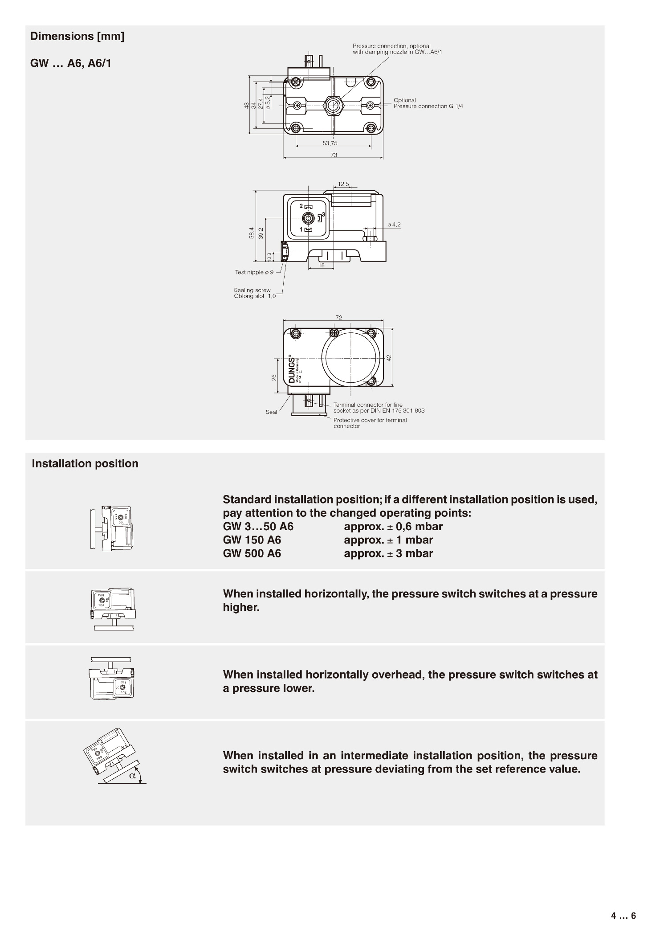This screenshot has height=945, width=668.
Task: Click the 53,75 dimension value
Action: pyautogui.click(x=330, y=143)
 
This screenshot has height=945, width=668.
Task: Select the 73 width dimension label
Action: pyautogui.click(x=334, y=155)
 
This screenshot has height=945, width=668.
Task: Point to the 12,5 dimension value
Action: pyautogui.click(x=343, y=184)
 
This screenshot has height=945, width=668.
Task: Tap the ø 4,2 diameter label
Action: pyautogui.click(x=394, y=225)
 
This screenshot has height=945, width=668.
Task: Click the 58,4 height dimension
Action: pyautogui.click(x=252, y=233)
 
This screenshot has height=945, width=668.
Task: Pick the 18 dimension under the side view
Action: pyautogui.click(x=322, y=266)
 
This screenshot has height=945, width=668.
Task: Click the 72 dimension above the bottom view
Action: pyautogui.click(x=339, y=317)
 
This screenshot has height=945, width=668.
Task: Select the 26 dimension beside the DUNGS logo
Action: pyautogui.click(x=274, y=377)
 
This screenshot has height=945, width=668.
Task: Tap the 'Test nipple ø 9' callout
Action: pyautogui.click(x=254, y=272)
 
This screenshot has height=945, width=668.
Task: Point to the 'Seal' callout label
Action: pyautogui.click(x=271, y=412)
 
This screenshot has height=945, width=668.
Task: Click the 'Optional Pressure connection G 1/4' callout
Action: pyautogui.click(x=428, y=103)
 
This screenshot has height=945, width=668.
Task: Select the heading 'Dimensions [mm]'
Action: pyautogui.click(x=77, y=37)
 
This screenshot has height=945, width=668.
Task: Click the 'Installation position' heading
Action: pyautogui.click(x=85, y=463)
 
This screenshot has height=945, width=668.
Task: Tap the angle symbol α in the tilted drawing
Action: pyautogui.click(x=132, y=775)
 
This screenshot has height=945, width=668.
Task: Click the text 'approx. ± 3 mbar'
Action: pyautogui.click(x=388, y=553)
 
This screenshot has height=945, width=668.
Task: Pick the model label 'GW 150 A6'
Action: pyautogui.click(x=252, y=540)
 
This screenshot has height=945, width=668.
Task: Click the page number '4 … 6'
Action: pyautogui.click(x=623, y=916)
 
